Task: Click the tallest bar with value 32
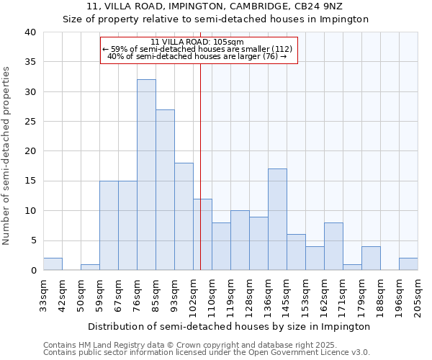click(146, 175)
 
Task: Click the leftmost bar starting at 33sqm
click(53, 264)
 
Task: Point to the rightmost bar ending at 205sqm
click(408, 264)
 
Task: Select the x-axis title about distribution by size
click(230, 326)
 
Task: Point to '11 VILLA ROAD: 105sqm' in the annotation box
click(198, 42)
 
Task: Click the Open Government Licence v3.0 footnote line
click(207, 353)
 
